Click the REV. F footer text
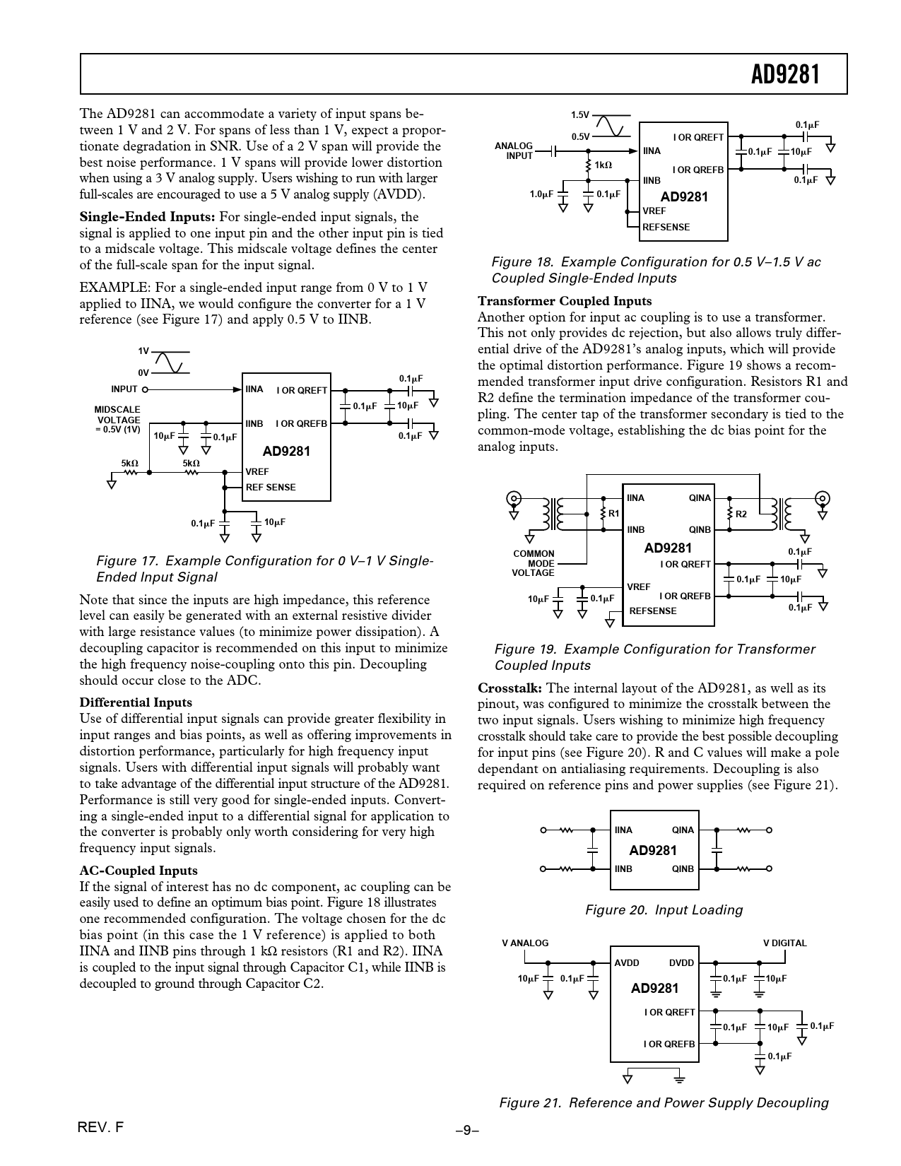point(101,1128)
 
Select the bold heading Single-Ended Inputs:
point(147,217)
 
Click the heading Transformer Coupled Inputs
point(565,301)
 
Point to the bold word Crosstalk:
point(510,688)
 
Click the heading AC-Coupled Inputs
point(139,871)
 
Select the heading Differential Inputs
point(136,702)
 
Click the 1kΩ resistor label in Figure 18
point(603,165)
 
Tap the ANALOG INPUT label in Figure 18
point(514,151)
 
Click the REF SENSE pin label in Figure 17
point(271,487)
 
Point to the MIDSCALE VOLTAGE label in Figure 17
point(118,419)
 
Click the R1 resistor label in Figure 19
point(613,514)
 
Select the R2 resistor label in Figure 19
point(741,514)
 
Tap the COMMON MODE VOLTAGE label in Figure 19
point(534,563)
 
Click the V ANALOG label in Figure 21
point(525,943)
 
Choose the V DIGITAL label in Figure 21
point(784,943)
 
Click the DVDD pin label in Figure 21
point(681,962)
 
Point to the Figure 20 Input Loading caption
point(664,909)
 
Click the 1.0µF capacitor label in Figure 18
point(541,194)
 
